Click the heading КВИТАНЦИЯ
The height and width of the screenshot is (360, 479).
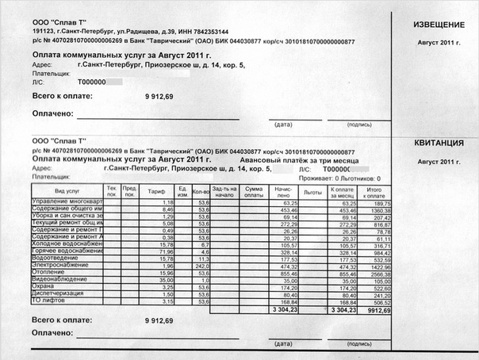[439, 144]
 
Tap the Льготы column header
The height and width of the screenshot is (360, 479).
[312, 191]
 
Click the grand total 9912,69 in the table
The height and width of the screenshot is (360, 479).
[378, 310]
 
